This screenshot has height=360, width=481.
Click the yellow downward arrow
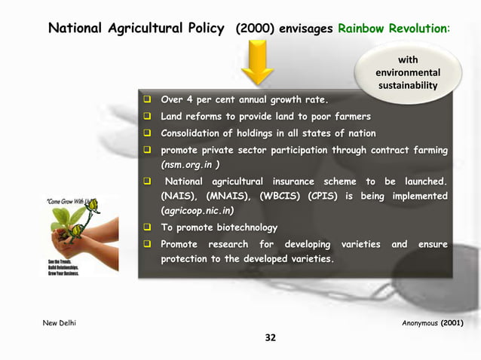[260, 63]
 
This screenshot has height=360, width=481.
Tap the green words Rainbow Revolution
[394, 29]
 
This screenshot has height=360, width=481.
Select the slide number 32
[269, 337]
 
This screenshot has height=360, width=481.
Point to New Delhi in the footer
[60, 323]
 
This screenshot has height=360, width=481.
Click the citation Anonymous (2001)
[433, 323]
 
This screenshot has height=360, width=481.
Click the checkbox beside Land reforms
[149, 117]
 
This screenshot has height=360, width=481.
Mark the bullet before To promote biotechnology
[149, 227]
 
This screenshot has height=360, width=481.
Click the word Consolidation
[198, 133]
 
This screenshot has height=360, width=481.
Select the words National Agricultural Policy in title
[136, 29]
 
